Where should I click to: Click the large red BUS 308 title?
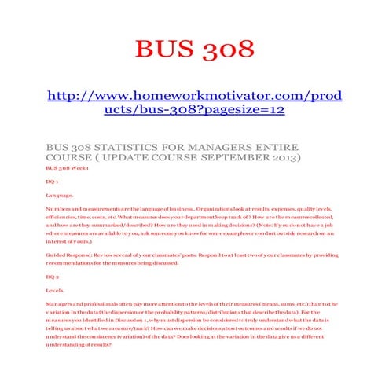[x=194, y=49]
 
